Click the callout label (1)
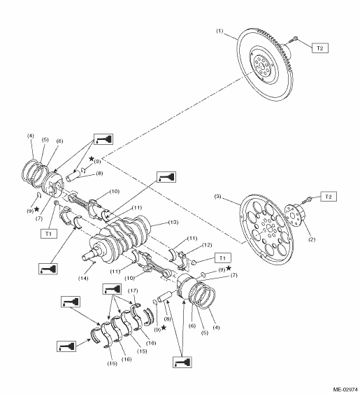click(219, 31)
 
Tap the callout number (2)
click(312, 239)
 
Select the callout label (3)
click(217, 196)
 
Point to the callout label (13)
click(173, 223)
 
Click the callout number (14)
click(83, 278)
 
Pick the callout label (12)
click(207, 245)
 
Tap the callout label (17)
click(133, 290)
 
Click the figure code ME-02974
click(345, 390)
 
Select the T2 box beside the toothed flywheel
click(320, 48)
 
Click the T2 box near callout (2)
click(329, 197)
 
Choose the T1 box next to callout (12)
click(223, 258)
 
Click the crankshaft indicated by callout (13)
click(120, 239)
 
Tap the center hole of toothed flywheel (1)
click(261, 66)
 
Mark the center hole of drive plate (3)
click(269, 228)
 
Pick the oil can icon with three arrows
click(112, 289)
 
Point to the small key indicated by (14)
click(94, 262)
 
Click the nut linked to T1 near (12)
click(194, 262)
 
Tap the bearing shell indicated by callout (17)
click(136, 314)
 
